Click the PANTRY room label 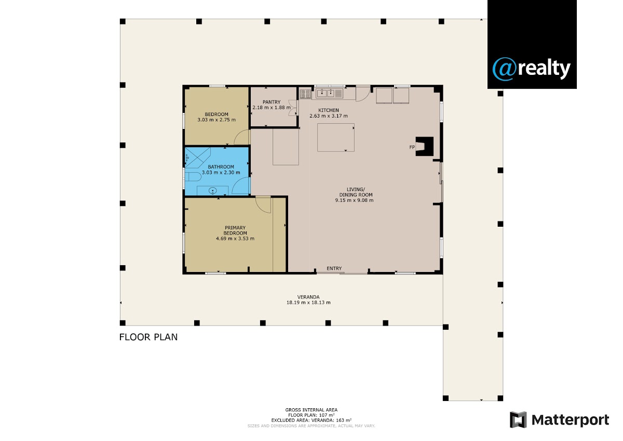pos(272,102)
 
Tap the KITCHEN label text pos(329,110)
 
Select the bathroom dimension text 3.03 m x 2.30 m pos(221,173)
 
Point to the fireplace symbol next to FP pos(425,146)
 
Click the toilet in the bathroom pos(193,177)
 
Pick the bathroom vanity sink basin pos(213,191)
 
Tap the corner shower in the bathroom pos(197,158)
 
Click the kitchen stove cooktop pos(305,93)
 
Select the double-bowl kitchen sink pos(325,93)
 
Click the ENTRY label pos(334,268)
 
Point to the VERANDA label pos(308,297)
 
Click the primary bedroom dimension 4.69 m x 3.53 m pos(235,239)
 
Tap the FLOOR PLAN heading pos(148,337)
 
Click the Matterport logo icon pos(518,420)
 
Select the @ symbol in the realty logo pos(505,69)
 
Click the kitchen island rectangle pos(336,138)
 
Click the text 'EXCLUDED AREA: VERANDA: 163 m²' pos(311,420)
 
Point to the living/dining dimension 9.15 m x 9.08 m pos(354,200)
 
